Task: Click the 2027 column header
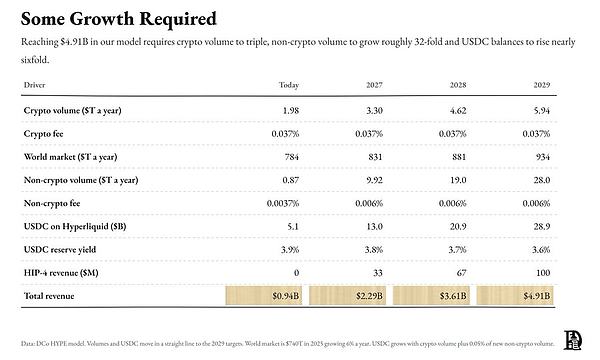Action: [374, 85]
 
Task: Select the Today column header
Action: [289, 85]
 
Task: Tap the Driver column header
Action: [34, 85]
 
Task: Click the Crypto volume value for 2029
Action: [541, 111]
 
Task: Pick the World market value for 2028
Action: [458, 157]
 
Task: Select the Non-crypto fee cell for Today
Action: [283, 203]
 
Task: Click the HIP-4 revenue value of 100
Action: [543, 273]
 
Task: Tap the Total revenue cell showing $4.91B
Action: [515, 296]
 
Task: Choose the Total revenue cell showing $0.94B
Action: [264, 296]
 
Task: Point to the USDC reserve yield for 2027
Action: [374, 250]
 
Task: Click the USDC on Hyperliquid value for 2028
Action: [458, 226]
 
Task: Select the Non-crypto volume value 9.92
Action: [374, 180]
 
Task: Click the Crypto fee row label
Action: [43, 134]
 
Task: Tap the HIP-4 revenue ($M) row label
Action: [61, 273]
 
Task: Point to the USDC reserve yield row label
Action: [60, 250]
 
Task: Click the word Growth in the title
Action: [102, 19]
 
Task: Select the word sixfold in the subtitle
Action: [35, 60]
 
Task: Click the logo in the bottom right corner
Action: [572, 340]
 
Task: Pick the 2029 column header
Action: [541, 85]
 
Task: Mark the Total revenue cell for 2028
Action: [431, 296]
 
